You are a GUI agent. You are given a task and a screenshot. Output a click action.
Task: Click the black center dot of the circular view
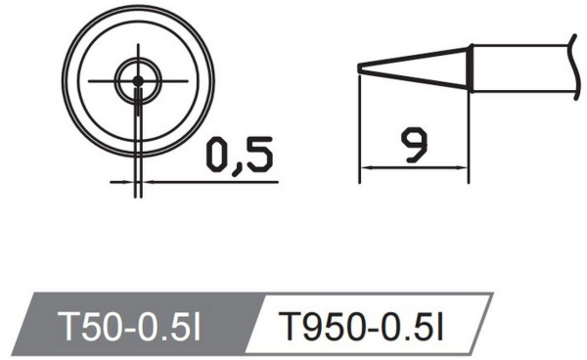tap(138, 80)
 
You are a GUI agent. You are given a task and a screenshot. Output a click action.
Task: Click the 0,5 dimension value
tap(240, 155)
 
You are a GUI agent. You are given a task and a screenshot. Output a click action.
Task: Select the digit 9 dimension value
tap(413, 145)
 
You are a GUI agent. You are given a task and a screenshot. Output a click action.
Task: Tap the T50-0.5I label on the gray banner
tap(129, 326)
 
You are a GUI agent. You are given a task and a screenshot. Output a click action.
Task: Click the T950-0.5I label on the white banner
tap(363, 327)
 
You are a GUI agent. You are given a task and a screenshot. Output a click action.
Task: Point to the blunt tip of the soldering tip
tap(359, 68)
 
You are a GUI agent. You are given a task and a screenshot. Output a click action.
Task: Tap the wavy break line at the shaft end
tap(573, 67)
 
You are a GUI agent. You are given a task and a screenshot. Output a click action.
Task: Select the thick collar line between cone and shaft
tap(471, 68)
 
